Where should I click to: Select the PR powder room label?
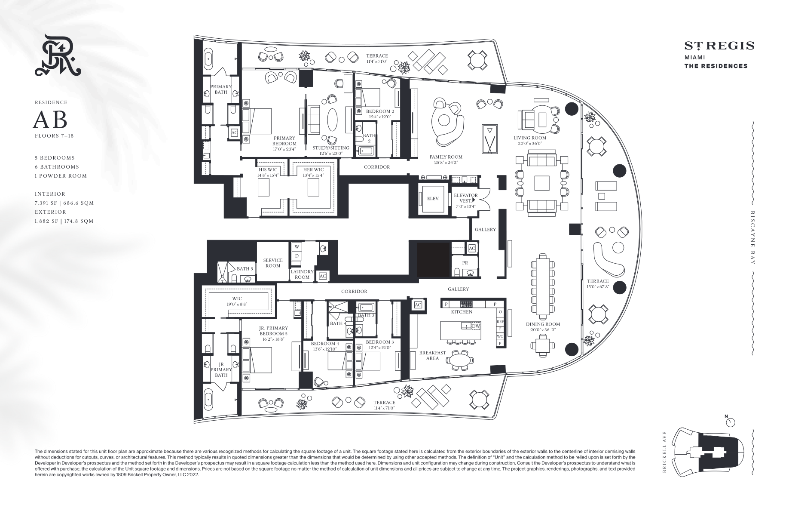point(465,263)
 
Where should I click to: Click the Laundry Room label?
point(302,274)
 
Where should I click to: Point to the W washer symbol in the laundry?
point(297,247)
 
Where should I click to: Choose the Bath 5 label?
point(245,269)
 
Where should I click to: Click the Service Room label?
point(273,263)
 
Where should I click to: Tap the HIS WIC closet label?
point(268,170)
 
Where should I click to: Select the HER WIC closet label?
point(313,170)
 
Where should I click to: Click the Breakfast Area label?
point(433,355)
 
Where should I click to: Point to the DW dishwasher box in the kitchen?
point(475,326)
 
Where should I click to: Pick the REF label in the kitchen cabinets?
point(500,321)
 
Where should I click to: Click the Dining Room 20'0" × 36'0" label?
point(543,327)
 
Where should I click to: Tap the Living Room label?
point(530,138)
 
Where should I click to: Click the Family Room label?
point(446,157)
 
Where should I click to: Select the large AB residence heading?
point(50,120)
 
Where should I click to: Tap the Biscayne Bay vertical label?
point(752,237)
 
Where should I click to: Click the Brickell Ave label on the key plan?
point(664,452)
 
